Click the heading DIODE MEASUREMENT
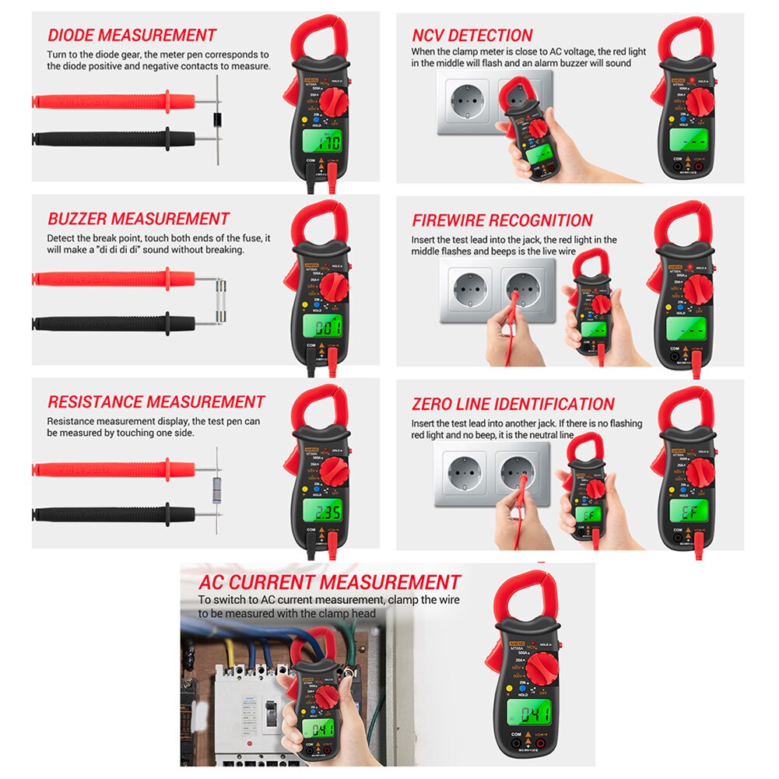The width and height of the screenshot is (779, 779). pyautogui.click(x=132, y=35)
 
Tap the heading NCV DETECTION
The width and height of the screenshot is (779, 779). pyautogui.click(x=472, y=35)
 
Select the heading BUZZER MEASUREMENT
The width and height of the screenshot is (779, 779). pyautogui.click(x=139, y=219)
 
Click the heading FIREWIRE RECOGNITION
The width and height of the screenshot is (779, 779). pyautogui.click(x=502, y=220)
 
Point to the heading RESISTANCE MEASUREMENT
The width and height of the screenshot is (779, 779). pyautogui.click(x=156, y=402)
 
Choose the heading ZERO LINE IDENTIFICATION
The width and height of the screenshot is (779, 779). pyautogui.click(x=513, y=404)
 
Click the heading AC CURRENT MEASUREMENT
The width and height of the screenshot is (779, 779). pyautogui.click(x=329, y=582)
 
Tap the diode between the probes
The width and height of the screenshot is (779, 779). pyautogui.click(x=218, y=120)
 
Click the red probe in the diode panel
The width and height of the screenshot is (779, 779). pyautogui.click(x=117, y=100)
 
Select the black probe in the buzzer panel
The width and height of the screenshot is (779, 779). pyautogui.click(x=117, y=321)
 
